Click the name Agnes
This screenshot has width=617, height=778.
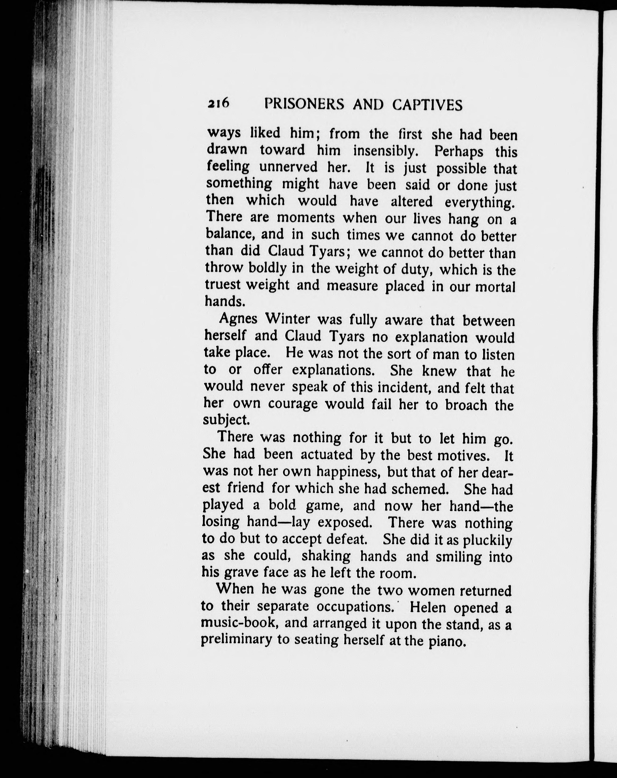tap(238, 319)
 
